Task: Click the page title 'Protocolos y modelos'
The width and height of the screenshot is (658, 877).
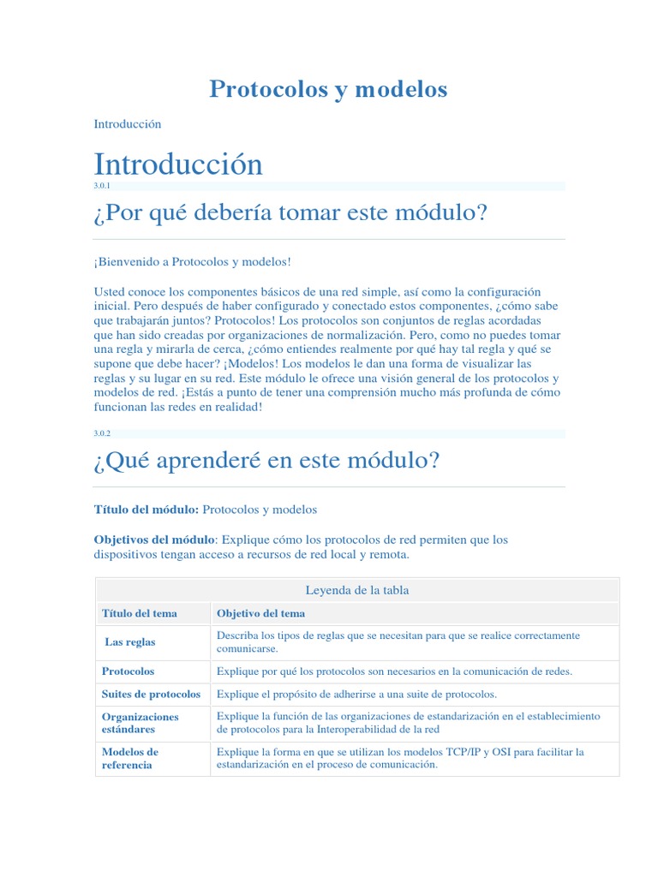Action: (x=328, y=89)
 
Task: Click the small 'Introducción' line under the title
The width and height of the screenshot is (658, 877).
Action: (x=128, y=124)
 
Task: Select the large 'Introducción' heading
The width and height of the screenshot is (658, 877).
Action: (x=178, y=164)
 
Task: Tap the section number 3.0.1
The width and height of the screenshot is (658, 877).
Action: (x=102, y=186)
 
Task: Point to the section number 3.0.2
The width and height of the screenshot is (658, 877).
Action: (x=102, y=433)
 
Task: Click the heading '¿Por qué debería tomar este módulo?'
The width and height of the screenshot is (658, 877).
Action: (x=290, y=212)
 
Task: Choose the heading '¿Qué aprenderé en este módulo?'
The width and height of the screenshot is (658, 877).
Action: (x=266, y=461)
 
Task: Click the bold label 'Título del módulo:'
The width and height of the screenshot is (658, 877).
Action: (x=146, y=510)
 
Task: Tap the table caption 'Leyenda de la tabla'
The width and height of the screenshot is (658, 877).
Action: (x=357, y=590)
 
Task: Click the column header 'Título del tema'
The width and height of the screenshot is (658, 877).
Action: (x=140, y=613)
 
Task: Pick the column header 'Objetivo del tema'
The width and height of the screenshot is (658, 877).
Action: (x=260, y=613)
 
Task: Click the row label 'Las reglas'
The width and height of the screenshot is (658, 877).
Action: (x=130, y=641)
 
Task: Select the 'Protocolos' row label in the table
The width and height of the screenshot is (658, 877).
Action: (x=129, y=671)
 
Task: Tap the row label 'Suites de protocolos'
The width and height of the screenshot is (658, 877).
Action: (x=151, y=694)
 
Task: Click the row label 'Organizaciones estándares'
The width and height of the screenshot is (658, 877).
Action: (x=141, y=723)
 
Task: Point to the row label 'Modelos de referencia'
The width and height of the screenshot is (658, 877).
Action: (x=130, y=758)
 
